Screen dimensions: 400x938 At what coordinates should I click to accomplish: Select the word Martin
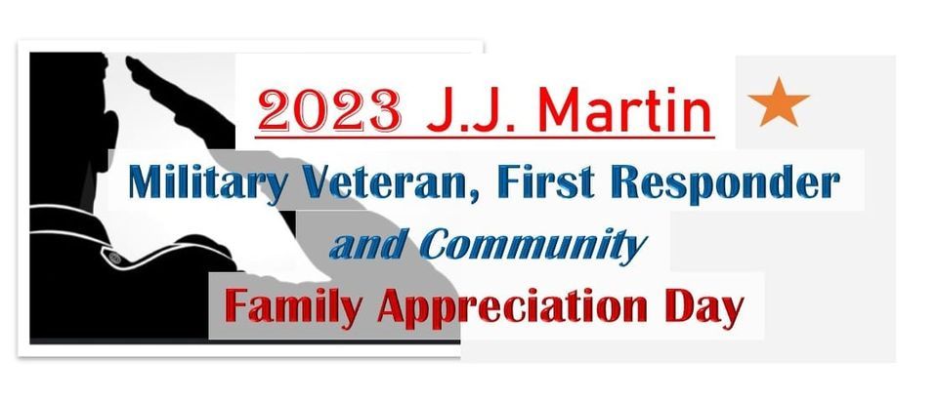tap(622, 110)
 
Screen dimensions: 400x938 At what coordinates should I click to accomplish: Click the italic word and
tap(361, 245)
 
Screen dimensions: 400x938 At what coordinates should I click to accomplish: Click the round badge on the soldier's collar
tap(114, 258)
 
